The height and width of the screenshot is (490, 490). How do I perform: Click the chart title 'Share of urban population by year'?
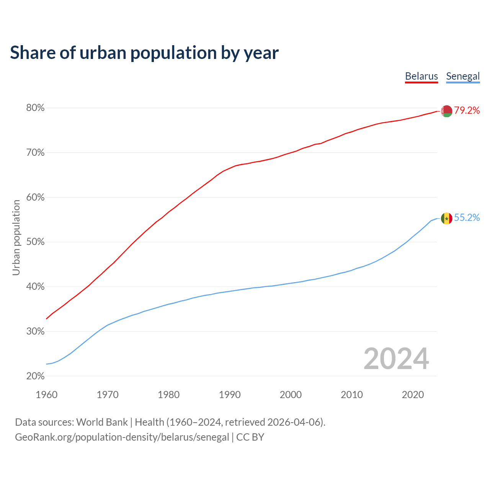[x=144, y=52]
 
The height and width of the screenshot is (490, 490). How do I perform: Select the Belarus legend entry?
[x=421, y=76]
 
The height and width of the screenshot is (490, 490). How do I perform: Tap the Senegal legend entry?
[x=463, y=76]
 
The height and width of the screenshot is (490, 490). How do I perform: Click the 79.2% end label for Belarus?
[x=467, y=111]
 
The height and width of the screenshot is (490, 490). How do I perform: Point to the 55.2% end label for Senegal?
[x=467, y=218]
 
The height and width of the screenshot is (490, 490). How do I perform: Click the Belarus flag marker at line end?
[x=447, y=111]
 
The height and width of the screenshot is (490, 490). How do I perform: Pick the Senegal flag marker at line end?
[x=447, y=219]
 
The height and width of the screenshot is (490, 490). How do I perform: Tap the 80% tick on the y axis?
[x=35, y=108]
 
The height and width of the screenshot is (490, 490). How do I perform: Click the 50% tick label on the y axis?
[x=35, y=242]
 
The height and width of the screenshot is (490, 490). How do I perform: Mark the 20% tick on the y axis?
[x=35, y=376]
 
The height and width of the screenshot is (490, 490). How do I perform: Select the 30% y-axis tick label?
[x=35, y=332]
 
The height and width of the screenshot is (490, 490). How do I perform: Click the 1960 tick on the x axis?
[x=46, y=395]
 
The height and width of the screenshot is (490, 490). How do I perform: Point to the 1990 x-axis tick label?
[x=230, y=395]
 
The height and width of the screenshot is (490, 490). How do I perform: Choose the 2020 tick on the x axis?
[x=413, y=395]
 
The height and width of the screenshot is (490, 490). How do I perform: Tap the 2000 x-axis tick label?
[x=291, y=395]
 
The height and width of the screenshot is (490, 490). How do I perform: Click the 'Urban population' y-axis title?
[x=16, y=237]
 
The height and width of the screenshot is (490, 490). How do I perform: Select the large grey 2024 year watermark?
[x=396, y=359]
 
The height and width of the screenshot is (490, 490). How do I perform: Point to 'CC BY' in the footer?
[x=250, y=437]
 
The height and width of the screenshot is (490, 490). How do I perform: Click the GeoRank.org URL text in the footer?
[x=122, y=437]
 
